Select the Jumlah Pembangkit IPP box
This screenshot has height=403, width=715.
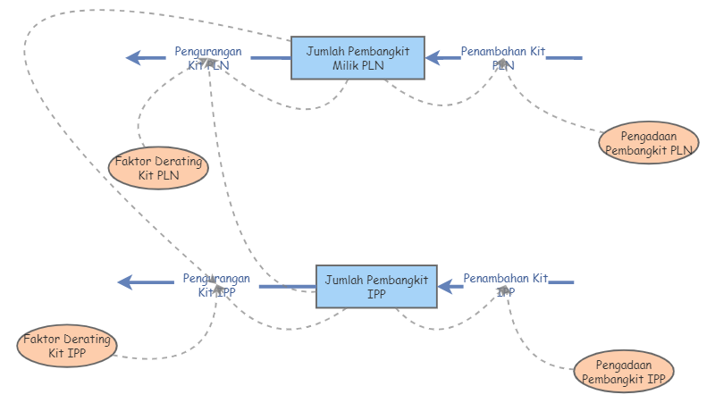pyautogui.click(x=376, y=287)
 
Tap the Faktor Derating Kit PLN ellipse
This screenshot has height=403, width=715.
pyautogui.click(x=157, y=168)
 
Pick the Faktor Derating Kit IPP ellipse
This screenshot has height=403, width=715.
pyautogui.click(x=67, y=347)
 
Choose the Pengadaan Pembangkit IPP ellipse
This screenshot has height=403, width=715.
pyautogui.click(x=623, y=372)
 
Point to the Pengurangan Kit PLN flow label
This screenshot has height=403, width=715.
pyautogui.click(x=207, y=58)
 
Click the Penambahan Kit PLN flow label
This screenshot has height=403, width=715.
pyautogui.click(x=503, y=58)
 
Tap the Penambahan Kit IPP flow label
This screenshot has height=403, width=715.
pyautogui.click(x=506, y=284)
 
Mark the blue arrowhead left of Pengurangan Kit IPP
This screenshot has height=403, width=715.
pyautogui.click(x=127, y=282)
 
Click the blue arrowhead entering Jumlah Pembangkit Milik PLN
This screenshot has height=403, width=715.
pyautogui.click(x=433, y=58)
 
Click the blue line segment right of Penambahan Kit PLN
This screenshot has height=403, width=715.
pyautogui.click(x=564, y=58)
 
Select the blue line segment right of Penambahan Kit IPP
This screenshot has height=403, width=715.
pyautogui.click(x=561, y=282)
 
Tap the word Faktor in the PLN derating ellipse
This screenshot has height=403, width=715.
pyautogui.click(x=132, y=162)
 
